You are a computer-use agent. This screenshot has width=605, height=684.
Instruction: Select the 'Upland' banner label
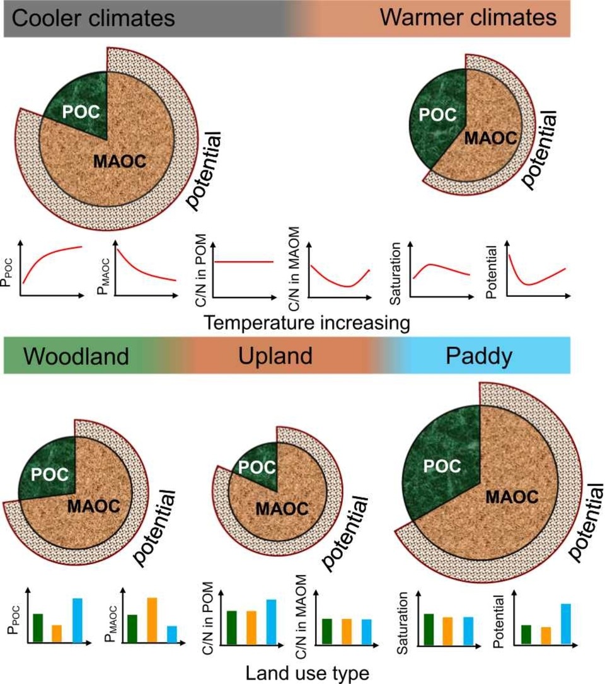[x=275, y=356]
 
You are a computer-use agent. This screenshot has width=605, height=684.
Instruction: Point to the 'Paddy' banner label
[x=478, y=356]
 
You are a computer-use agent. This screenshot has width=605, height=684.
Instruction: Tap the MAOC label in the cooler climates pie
[x=120, y=162]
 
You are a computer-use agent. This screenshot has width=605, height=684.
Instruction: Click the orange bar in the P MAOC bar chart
[x=151, y=620]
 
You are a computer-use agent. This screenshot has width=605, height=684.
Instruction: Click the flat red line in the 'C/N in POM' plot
[x=245, y=261]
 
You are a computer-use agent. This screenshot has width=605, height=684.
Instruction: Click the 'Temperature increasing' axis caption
[x=308, y=323]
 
